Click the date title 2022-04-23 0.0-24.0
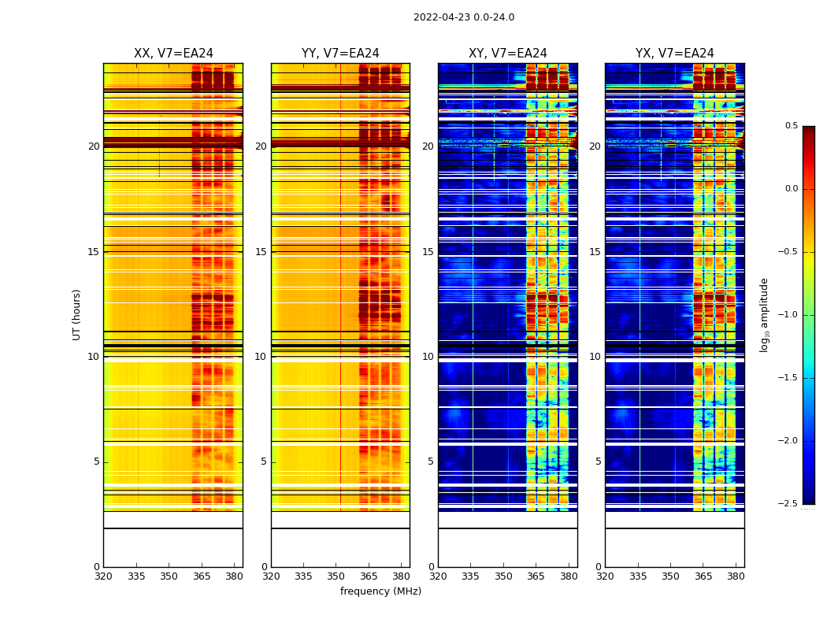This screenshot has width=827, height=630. [x=464, y=17]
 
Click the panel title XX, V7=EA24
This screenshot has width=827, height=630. [x=173, y=54]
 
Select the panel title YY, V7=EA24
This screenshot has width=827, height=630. [x=340, y=54]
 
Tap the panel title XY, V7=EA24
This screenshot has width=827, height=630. [x=507, y=54]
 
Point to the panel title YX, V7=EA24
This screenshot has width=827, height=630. [x=675, y=54]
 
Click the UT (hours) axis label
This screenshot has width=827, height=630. [x=76, y=314]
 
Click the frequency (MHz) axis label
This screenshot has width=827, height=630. [x=380, y=591]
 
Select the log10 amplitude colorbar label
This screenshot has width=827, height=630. [x=764, y=314]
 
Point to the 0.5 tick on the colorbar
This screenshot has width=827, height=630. [x=792, y=126]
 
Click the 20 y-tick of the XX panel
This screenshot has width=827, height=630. [x=94, y=146]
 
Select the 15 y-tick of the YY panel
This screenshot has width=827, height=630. [x=261, y=252]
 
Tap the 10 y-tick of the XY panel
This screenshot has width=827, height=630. [x=428, y=357]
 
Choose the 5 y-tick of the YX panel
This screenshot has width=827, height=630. [x=598, y=461]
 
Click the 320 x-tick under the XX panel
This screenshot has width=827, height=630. [x=103, y=576]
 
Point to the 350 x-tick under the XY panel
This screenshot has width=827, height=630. [x=503, y=576]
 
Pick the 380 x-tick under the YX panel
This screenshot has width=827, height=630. [x=736, y=576]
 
